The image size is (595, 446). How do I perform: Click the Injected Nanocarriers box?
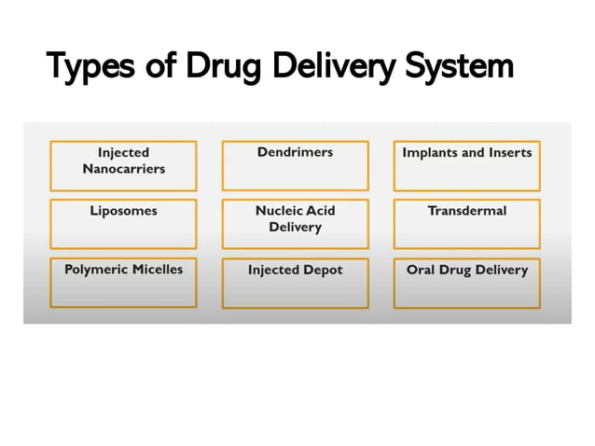123,165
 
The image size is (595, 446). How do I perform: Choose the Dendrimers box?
295,165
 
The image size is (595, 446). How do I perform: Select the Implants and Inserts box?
466,165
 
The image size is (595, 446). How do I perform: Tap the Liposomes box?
123,224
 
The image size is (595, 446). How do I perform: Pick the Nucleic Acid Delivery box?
295,224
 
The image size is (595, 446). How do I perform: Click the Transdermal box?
466,224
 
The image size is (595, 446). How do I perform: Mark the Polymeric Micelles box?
123,283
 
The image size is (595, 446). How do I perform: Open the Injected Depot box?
295,283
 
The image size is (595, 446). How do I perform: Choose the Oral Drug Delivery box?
466,283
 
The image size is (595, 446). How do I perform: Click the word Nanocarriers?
123,169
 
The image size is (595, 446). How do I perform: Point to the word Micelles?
156,270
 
